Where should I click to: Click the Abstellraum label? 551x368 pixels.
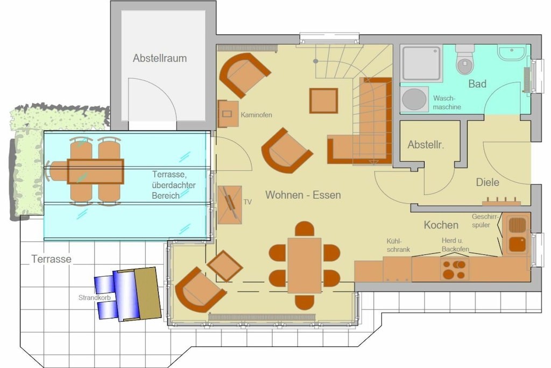tap(159, 58)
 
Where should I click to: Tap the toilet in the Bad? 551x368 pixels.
tap(464, 60)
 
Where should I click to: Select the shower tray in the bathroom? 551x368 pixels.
tap(421, 64)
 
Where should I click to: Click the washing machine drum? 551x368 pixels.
tap(414, 99)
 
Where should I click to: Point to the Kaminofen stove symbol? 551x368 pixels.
tap(228, 114)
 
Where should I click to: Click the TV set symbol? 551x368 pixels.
tap(230, 205)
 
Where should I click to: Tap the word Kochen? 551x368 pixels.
tap(441, 225)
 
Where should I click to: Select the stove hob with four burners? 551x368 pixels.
tap(454, 269)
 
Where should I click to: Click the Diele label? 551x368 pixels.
tap(488, 182)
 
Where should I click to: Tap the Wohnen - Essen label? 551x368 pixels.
tap(303, 195)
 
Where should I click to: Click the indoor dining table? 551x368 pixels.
tap(305, 265)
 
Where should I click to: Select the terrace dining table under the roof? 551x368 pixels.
tap(95, 171)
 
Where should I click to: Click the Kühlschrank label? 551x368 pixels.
tap(398, 245)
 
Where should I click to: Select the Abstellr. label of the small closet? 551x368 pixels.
tap(426, 144)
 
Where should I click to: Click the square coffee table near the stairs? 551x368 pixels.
tap(323, 101)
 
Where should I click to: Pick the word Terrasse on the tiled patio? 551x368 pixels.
tap(51, 259)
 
